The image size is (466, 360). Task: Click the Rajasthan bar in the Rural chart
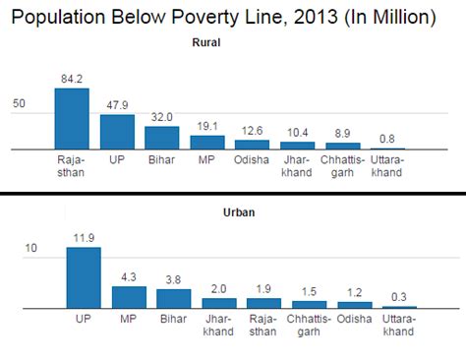coord(72,119)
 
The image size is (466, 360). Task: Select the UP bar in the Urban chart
coord(84,278)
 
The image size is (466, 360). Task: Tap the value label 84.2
coord(72,79)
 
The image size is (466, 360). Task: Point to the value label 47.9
coord(116,105)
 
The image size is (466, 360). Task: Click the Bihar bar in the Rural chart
coord(161,138)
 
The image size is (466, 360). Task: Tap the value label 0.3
coord(400,296)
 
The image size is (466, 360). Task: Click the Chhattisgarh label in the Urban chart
coord(310,325)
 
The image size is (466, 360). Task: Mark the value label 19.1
coord(206,126)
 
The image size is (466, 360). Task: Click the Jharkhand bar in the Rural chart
coord(297,146)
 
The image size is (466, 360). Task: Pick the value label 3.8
coord(174,279)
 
